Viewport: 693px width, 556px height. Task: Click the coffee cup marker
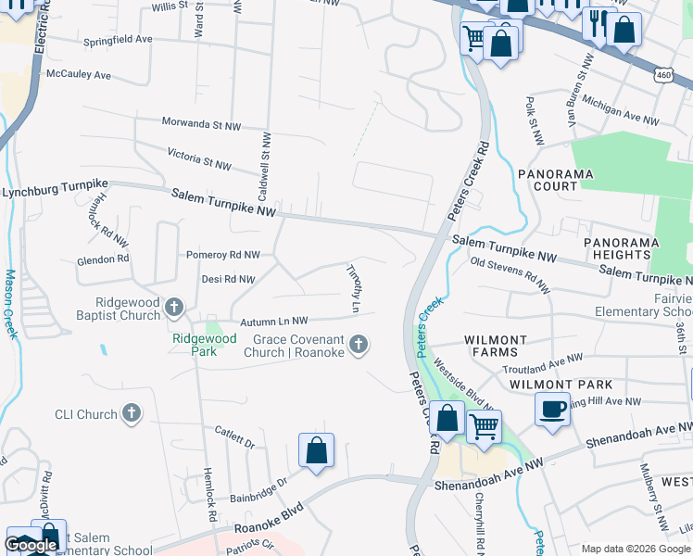552,410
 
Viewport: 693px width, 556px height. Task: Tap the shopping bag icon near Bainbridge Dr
316,451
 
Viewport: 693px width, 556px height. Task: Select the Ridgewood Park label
198,338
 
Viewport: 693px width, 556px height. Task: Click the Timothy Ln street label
353,285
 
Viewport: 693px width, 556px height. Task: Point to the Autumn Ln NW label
273,321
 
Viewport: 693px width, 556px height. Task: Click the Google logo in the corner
31,545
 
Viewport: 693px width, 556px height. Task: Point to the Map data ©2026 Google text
636,549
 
